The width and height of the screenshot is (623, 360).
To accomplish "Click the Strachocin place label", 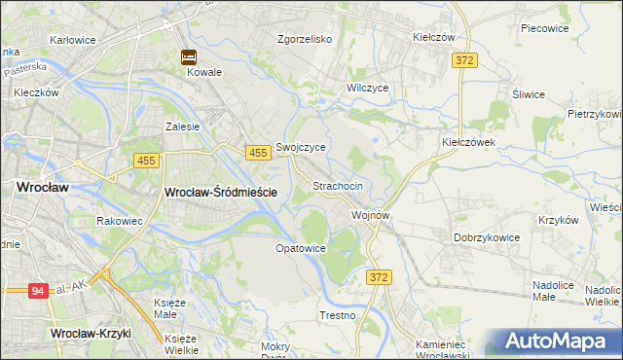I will pos(338,186).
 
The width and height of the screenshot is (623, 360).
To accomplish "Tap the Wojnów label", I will pos(371,215).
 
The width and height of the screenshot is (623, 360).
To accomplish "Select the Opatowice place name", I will pos(300,248).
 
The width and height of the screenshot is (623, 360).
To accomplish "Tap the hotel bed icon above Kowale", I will pos(189,57).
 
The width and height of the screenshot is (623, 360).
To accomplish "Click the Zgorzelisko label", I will pos(305,40).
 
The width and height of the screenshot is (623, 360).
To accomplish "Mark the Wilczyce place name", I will pos(368,88).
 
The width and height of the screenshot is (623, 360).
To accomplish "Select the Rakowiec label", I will pos(121,221).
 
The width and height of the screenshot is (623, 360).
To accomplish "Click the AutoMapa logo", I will pos(559,340).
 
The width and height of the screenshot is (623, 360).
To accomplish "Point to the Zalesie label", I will pos(182,126).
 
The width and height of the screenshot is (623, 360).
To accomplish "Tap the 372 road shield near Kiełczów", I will pos(464,60).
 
